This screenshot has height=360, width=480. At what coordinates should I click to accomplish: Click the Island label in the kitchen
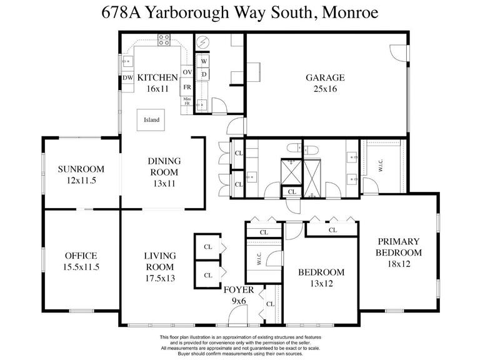click(x=151, y=120)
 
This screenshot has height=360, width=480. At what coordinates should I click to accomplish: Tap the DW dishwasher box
click(x=128, y=77)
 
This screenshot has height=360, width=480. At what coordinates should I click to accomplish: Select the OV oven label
click(x=187, y=72)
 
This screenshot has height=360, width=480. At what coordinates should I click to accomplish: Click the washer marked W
click(x=204, y=61)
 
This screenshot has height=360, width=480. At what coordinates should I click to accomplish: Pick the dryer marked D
click(x=204, y=74)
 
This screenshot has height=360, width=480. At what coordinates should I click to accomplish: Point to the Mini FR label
click(x=187, y=101)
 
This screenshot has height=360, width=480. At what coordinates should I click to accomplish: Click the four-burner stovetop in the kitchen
click(x=164, y=40)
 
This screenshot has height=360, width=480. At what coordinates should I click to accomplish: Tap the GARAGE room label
click(x=325, y=77)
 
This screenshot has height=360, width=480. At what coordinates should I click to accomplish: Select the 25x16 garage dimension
click(x=325, y=89)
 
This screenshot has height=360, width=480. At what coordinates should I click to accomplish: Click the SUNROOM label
click(x=81, y=169)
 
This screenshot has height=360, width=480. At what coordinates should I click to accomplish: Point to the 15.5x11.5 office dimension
click(x=81, y=267)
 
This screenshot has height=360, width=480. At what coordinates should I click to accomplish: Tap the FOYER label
click(x=239, y=290)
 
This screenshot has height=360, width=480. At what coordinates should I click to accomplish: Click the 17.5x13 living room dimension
click(x=160, y=278)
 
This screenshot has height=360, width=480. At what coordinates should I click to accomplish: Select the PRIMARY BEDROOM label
click(x=399, y=247)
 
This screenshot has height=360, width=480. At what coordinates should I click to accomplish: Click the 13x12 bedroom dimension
click(x=321, y=284)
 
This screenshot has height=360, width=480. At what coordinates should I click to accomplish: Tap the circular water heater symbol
click(x=202, y=42)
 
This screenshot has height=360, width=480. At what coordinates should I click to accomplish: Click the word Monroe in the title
click(x=350, y=12)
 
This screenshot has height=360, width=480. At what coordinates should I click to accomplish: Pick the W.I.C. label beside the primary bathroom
click(x=381, y=165)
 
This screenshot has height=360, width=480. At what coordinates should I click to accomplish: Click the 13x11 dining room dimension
click(x=164, y=184)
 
